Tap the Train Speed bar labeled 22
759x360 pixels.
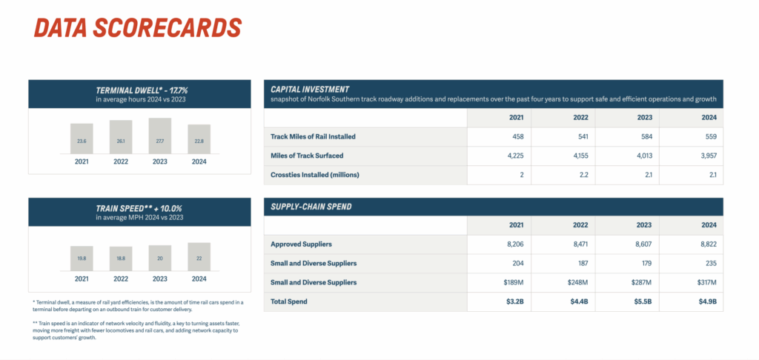tap(199, 256)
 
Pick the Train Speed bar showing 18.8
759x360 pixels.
tap(121, 259)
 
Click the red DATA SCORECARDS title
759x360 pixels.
tap(138, 27)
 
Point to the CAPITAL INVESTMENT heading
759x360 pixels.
tap(310, 89)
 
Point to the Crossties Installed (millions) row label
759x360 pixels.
tap(314, 174)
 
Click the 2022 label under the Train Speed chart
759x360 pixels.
tap(121, 279)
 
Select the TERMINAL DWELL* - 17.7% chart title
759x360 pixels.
tap(140, 90)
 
